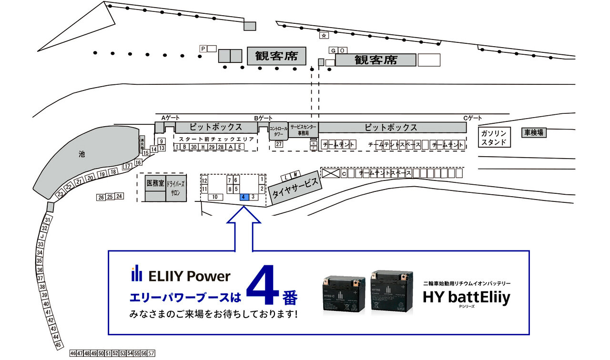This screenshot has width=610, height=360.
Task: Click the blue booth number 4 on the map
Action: click(244, 197)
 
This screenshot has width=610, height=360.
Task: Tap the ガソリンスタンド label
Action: click(494, 138)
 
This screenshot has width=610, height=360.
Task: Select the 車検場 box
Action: click(534, 132)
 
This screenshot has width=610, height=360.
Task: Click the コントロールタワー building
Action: click(279, 131)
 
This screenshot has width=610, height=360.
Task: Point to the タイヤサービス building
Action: click(295, 188)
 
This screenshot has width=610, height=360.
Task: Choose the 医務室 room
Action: click(155, 183)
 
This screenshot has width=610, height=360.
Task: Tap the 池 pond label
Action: click(81, 154)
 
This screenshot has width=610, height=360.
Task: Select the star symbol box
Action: click(324, 35)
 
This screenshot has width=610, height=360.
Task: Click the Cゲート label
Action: click(473, 118)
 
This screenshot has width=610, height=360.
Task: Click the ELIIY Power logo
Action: click(181, 276)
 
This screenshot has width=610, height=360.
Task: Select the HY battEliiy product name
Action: click(467, 298)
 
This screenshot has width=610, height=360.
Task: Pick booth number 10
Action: click(215, 197)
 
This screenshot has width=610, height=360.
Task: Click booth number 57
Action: click(151, 353)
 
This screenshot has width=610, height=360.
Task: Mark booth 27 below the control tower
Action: click(279, 144)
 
